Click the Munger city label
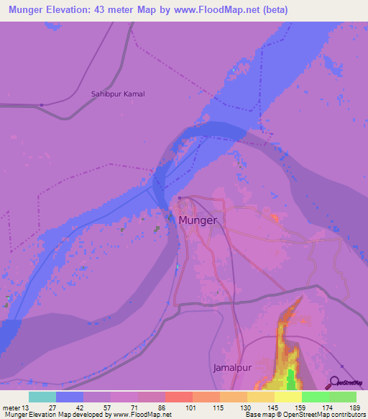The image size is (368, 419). point(198,220)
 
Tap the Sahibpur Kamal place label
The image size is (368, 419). point(118,94)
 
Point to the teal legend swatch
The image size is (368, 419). point(42,397)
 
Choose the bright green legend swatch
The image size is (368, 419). point(315,397)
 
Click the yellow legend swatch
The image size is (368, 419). point(287,397)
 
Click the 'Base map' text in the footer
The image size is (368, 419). point(259,415)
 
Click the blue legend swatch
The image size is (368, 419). point(69,397)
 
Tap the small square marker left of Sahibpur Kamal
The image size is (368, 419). point(42,105)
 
